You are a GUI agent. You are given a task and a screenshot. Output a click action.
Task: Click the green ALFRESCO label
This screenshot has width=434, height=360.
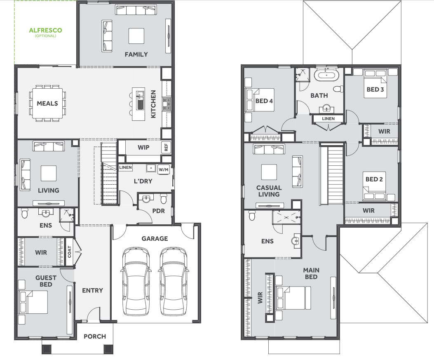click(46, 30)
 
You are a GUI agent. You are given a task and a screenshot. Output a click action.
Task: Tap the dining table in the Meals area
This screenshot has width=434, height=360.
click(47, 103)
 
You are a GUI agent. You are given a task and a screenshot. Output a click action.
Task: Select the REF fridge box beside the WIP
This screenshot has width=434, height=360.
click(166, 147)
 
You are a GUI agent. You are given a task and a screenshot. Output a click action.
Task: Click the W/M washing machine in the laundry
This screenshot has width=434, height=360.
click(164, 169)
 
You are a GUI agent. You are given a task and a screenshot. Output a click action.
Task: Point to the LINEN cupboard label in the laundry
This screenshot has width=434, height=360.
click(125, 167)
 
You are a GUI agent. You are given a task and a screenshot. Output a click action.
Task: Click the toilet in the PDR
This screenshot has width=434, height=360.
click(163, 198)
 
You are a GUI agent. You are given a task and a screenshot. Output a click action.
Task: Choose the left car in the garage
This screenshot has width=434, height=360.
click(136, 281)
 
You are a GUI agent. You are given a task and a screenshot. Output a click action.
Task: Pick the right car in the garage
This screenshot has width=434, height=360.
click(174, 281)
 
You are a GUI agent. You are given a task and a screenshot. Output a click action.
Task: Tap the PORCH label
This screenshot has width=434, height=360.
click(95, 336)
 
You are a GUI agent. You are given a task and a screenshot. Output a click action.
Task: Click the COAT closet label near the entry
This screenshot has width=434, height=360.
click(69, 252)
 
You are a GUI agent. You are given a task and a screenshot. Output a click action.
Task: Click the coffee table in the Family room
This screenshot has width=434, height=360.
click(136, 36)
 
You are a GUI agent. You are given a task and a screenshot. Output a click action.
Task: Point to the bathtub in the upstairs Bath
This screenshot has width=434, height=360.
click(327, 75)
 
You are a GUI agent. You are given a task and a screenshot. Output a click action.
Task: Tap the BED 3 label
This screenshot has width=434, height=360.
click(375, 89)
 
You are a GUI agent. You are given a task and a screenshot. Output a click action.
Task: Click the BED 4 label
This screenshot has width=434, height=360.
click(264, 101)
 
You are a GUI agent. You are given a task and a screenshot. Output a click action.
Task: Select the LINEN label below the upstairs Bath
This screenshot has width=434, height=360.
click(328, 118)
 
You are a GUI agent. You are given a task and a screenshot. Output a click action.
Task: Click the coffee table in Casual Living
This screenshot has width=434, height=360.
click(269, 172)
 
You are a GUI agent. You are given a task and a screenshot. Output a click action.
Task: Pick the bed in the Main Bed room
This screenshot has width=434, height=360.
click(293, 298)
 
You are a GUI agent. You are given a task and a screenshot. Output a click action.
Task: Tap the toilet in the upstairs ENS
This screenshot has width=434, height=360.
click(251, 215)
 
